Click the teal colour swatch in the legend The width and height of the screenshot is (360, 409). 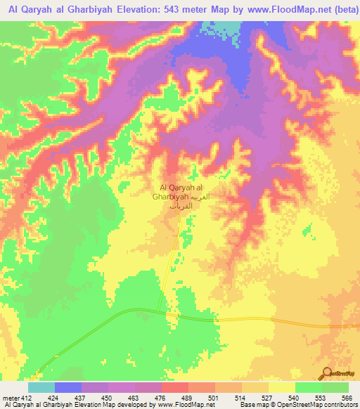click(x=41, y=387)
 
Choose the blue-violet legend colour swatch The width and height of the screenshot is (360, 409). click(x=68, y=387)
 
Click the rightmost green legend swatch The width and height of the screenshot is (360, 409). click(x=335, y=387)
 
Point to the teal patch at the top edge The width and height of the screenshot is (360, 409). click(x=226, y=28)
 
